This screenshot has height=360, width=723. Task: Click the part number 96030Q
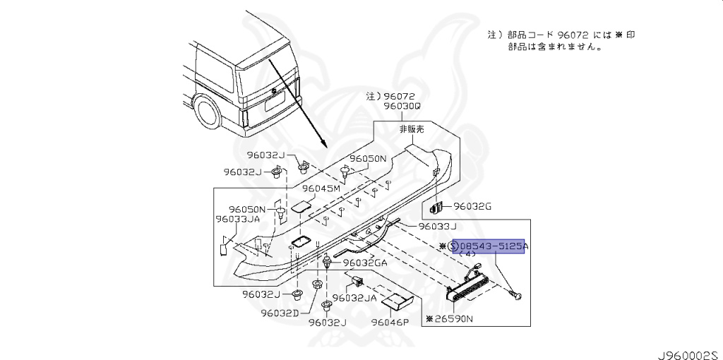coord(402,106)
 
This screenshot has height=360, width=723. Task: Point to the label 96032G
coord(472,206)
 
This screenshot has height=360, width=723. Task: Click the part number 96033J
coord(438,227)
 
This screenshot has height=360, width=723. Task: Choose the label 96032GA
coord(365,263)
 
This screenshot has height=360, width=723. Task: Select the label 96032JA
coord(354,297)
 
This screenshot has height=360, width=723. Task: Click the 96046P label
coord(391,322)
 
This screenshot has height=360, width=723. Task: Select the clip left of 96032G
coord(435,208)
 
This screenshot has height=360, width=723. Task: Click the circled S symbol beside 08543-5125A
coord(454,246)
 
